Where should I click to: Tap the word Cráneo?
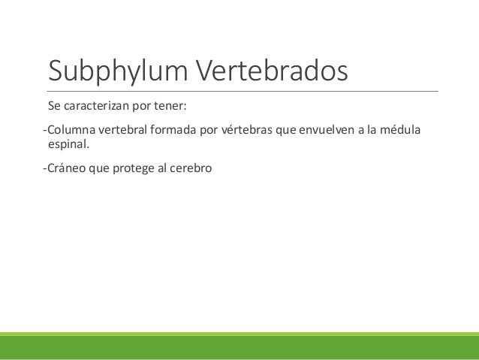65,168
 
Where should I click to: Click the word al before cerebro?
167,168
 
